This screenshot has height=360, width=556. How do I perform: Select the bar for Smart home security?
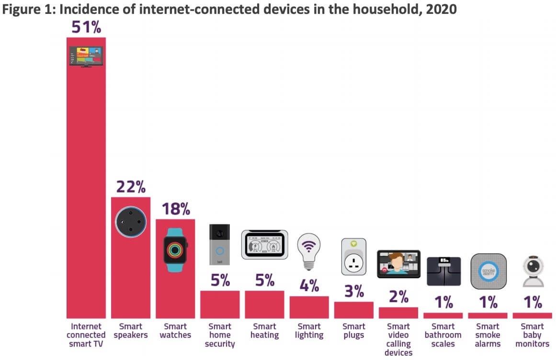pos(220,304)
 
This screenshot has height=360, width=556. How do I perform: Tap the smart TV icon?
pos(86,56)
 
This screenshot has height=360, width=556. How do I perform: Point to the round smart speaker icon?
pos(131,221)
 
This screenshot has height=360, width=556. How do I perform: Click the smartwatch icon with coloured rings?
pos(175,250)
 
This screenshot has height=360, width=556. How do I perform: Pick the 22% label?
pos(131,187)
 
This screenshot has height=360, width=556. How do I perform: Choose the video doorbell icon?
pos(220,245)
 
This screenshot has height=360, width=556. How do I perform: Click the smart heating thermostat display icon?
pos(264,245)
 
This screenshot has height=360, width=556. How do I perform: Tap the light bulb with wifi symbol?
pos(309,250)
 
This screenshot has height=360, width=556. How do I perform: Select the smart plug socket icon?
pos(353,257)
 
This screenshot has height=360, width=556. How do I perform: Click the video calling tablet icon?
pos(398,264)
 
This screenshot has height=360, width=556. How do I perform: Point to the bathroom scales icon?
pos(443,271)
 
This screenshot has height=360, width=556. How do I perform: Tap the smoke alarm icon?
pos(488,271)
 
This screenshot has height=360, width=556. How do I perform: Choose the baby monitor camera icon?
pos(533,271)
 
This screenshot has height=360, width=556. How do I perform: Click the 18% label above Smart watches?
pos(175,209)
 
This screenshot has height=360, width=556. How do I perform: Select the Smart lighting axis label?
pos(309,331)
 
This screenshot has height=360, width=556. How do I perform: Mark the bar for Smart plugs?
pos(353,310)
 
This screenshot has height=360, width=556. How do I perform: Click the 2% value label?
pos(398,296)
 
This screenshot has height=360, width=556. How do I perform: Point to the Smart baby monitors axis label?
pos(533,335)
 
